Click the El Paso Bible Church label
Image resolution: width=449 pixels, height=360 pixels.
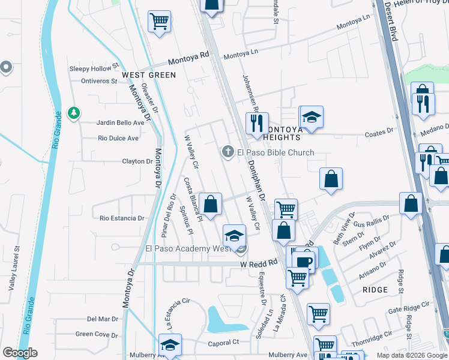tap(276, 152)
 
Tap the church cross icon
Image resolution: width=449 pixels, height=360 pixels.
tap(228, 152)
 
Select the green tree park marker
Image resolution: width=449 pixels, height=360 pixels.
tap(74, 113)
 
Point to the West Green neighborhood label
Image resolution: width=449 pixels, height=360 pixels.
tap(149, 75)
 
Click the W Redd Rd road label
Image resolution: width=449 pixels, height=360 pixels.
tap(259, 263)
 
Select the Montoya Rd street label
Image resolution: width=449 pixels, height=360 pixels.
tap(188, 58)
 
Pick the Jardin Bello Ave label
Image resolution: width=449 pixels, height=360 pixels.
tap(121, 122)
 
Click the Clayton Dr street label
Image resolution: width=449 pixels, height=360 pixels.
tap(137, 161)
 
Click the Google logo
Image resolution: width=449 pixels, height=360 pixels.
tap(20, 353)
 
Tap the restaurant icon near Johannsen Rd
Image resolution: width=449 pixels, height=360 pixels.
tap(258, 123)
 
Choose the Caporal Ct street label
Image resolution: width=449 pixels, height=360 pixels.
tap(223, 343)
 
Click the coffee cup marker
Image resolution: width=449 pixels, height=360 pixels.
tap(304, 261)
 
